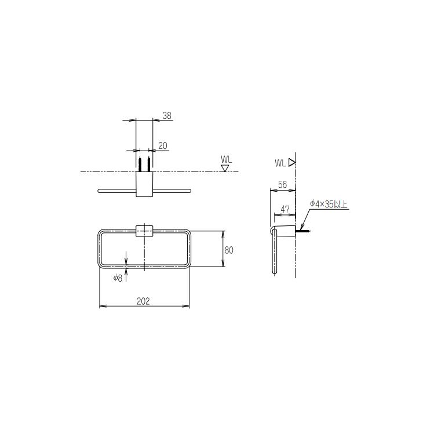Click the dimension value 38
point(167,116)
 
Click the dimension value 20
point(162,146)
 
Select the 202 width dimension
point(144,301)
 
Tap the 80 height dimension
point(229,250)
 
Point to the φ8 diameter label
point(118,278)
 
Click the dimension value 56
point(283,184)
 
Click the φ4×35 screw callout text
point(328,204)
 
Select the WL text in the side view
point(280,163)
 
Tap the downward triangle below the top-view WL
point(225,168)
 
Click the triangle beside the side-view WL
point(292,163)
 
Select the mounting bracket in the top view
point(144,185)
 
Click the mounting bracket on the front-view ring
point(144,231)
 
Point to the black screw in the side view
point(304,232)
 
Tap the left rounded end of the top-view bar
point(100,190)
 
